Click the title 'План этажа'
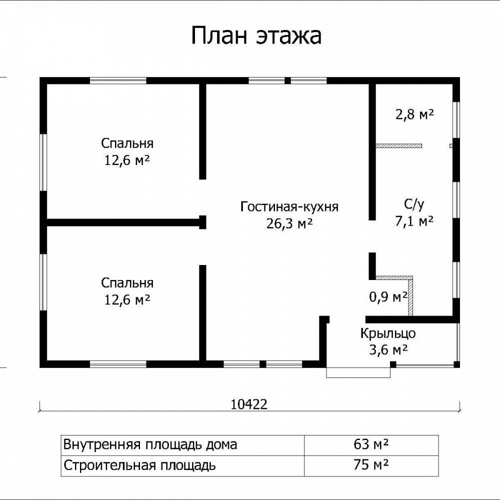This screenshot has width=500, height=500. (256, 35)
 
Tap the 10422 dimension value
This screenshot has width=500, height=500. (248, 404)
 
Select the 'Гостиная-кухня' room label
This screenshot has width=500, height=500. (289, 206)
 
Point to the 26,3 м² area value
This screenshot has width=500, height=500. (289, 223)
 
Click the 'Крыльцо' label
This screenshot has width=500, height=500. (388, 333)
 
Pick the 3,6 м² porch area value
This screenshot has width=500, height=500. (388, 350)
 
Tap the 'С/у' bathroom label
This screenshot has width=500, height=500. (414, 204)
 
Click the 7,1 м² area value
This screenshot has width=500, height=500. (414, 220)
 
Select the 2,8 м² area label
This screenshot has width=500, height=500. (414, 114)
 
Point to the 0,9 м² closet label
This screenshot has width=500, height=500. (388, 297)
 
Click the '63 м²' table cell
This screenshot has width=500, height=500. (371, 444)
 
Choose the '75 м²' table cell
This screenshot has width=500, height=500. (371, 465)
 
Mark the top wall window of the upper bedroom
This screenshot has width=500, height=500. (118, 80)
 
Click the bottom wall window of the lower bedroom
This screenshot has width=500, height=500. (118, 364)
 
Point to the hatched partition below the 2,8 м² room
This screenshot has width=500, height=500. (398, 145)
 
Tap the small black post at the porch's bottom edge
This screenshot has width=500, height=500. (393, 364)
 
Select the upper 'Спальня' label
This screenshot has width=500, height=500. (127, 143)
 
